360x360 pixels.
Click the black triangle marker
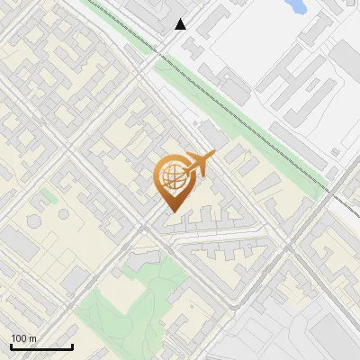coord(181,24)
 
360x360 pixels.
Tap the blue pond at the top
coord(295,6)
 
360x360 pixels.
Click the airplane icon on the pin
coord(199,164)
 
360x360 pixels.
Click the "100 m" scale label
coord(23,338)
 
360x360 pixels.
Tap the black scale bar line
coord(41,346)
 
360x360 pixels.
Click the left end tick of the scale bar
coord(11,345)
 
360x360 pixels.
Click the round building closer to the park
coord(64,214)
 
